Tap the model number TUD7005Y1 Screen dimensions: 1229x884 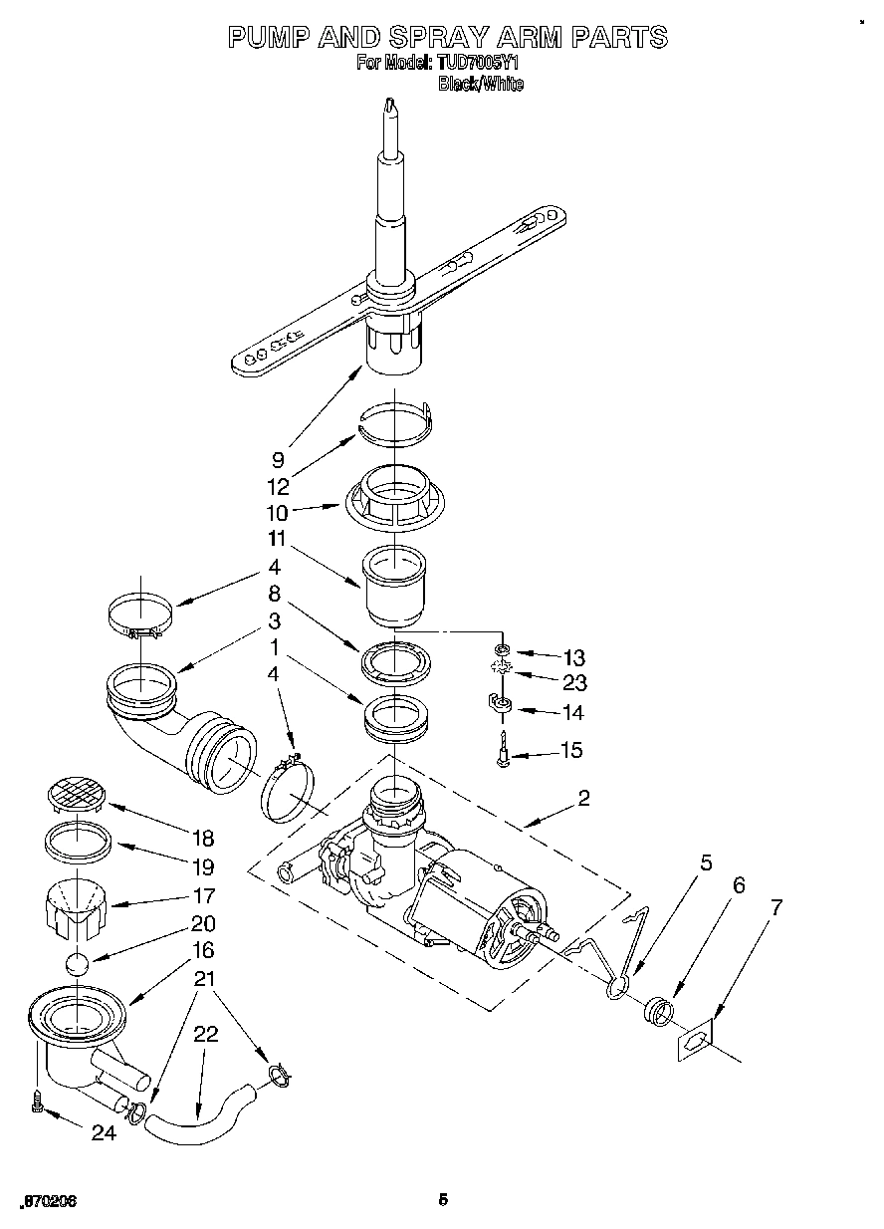(478, 64)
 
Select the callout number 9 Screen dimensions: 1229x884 (278, 460)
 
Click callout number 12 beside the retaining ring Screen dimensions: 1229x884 (278, 487)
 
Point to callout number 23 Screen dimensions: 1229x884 (574, 683)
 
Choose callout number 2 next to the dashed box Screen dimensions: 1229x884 (583, 798)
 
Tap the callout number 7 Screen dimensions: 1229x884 (775, 907)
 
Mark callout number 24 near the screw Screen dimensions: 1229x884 (103, 1132)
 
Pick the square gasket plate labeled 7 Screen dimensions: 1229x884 (699, 1041)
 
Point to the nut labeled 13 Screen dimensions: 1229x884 (504, 650)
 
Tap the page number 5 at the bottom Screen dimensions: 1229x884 (443, 1200)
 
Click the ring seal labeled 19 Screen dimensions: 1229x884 (79, 843)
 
